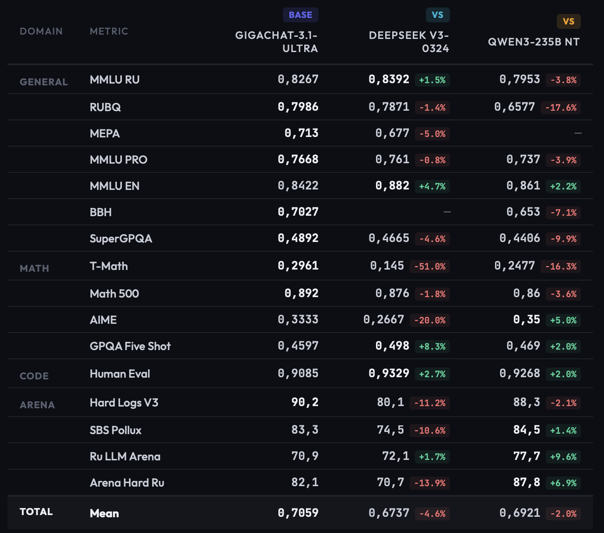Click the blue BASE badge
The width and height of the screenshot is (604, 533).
pos(300,15)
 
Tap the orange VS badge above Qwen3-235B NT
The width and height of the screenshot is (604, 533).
pos(568,21)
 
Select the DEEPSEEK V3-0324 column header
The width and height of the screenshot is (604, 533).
pos(409,42)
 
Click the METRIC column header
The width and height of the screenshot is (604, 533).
pos(109,32)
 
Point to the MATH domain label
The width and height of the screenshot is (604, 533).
pos(35,269)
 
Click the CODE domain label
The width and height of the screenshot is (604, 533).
pos(34,376)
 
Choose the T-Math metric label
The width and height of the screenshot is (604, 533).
pos(109,266)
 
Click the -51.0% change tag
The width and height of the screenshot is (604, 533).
pos(429,266)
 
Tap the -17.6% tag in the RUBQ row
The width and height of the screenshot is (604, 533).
pos(561,108)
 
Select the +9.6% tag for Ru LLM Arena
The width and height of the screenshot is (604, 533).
pos(563,457)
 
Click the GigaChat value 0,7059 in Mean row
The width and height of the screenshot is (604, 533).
pos(298,513)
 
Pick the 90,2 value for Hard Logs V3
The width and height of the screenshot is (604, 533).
pos(305,402)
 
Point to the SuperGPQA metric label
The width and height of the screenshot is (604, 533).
pos(121,238)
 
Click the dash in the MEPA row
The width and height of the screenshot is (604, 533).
pos(578,133)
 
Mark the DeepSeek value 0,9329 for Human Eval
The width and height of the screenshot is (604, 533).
pos(389,373)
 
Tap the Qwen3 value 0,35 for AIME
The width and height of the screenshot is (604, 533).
pos(527,319)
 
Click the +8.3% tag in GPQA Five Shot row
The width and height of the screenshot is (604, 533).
pos(432,347)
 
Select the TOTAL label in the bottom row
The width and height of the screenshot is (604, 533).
pos(36,512)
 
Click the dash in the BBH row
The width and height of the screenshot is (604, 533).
pos(447,212)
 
